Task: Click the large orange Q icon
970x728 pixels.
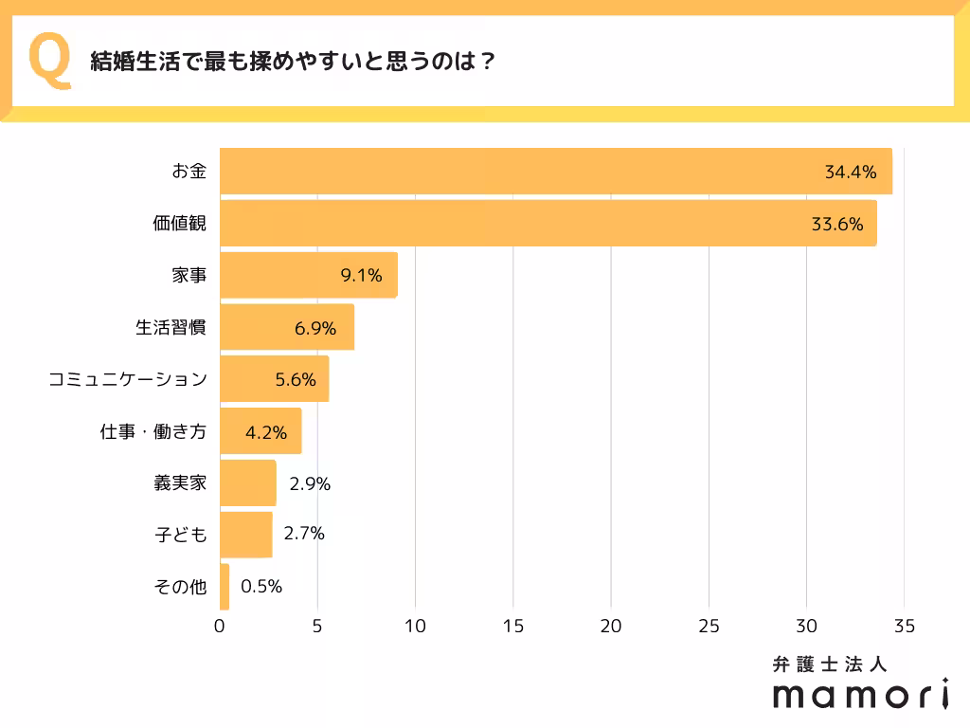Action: tap(50, 61)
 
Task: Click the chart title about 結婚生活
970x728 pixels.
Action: tap(294, 62)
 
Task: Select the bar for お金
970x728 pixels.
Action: tap(555, 172)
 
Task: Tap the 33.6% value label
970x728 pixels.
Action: tap(837, 225)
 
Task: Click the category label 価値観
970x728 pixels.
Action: tap(180, 224)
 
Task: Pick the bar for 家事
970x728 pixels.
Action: tap(308, 276)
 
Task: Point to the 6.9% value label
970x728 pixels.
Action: tap(315, 328)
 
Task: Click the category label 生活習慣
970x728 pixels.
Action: tap(171, 328)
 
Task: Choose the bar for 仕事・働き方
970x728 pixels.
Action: tap(260, 431)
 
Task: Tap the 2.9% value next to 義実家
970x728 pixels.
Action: tap(310, 483)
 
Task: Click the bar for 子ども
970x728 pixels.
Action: tap(245, 535)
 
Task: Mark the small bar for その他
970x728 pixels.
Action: tap(225, 587)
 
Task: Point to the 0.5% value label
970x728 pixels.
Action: tap(261, 587)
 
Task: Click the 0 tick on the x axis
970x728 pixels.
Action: tap(220, 627)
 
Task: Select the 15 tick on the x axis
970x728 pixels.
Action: tap(512, 627)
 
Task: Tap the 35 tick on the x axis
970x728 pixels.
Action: tap(904, 627)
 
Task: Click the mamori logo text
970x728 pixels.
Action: tap(860, 695)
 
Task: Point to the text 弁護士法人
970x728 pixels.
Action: tap(830, 664)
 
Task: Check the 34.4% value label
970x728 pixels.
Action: tap(851, 173)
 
